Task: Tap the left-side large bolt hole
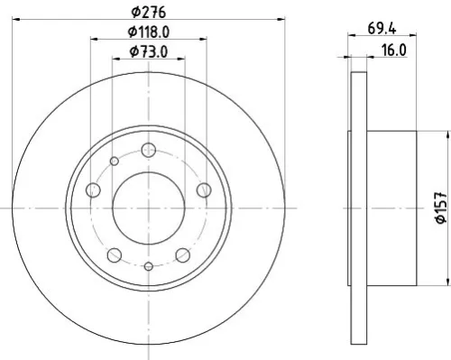[93, 189]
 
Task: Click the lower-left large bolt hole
[115, 253]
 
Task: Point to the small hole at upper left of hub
[114, 162]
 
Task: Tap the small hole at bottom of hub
[148, 266]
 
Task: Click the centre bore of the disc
[148, 207]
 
